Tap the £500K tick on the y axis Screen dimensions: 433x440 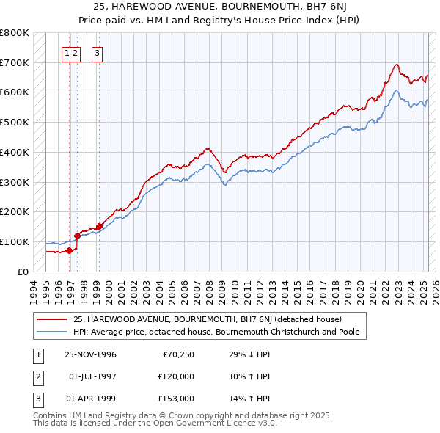click(x=15, y=122)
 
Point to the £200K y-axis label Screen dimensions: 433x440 click(x=15, y=211)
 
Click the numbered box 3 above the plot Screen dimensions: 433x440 click(x=98, y=52)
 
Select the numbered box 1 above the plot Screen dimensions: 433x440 click(x=67, y=52)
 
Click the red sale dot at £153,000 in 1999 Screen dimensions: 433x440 click(x=99, y=226)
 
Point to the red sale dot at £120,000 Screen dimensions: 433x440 click(x=77, y=236)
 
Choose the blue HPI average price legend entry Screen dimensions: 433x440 click(x=220, y=332)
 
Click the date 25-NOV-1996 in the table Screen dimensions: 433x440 click(x=91, y=355)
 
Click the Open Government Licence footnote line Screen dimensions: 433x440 click(x=155, y=423)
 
